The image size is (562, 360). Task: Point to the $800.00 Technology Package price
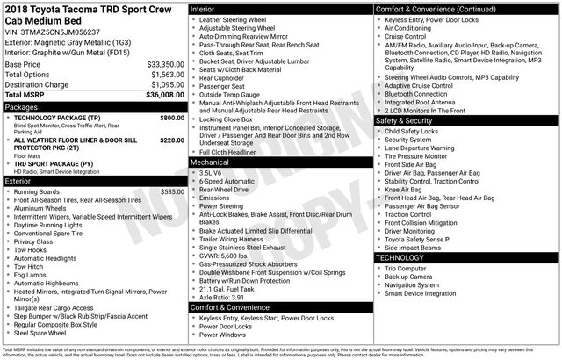point(172,117)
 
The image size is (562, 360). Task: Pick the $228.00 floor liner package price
point(172,140)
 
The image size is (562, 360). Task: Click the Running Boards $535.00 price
point(172,191)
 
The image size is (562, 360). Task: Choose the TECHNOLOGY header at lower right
point(400,257)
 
